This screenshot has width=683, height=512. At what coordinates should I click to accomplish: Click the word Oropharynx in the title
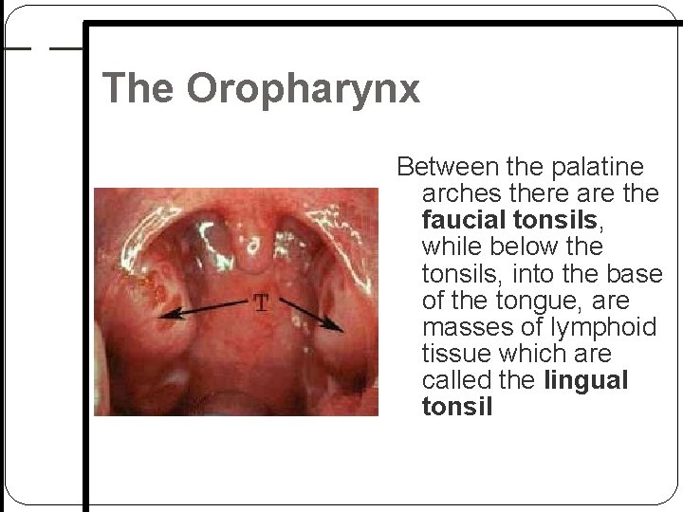tap(303, 88)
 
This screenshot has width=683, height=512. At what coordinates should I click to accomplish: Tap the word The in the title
tap(140, 87)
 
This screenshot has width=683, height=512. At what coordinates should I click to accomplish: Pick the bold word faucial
tap(458, 221)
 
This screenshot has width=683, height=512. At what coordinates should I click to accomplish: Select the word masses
tap(464, 327)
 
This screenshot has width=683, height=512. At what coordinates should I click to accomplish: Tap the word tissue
tap(454, 354)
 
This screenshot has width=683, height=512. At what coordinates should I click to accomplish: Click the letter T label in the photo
tap(261, 304)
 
